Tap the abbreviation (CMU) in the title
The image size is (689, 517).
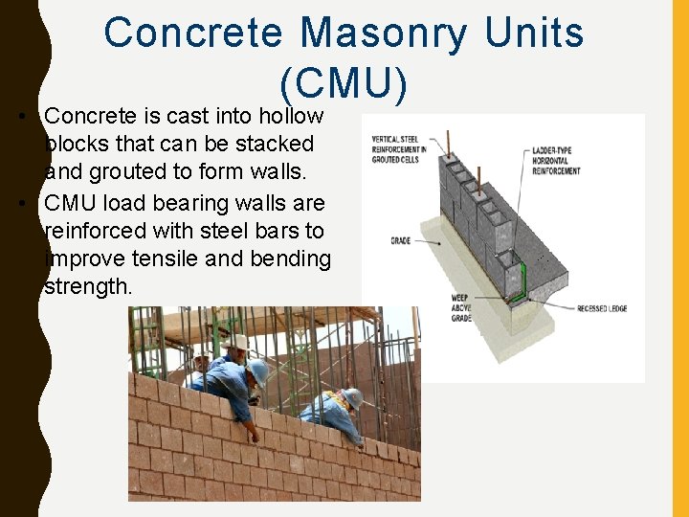pos(344,84)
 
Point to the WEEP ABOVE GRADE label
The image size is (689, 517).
pos(461,307)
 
